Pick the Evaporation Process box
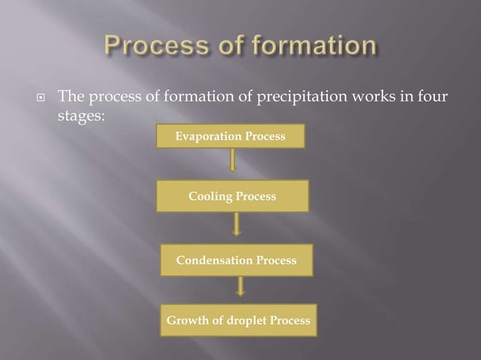[230, 136]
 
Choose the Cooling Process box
[232, 197]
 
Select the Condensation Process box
[236, 260]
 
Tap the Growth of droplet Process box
[238, 320]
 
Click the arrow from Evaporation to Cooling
[233, 160]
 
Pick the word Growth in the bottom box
[188, 321]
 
